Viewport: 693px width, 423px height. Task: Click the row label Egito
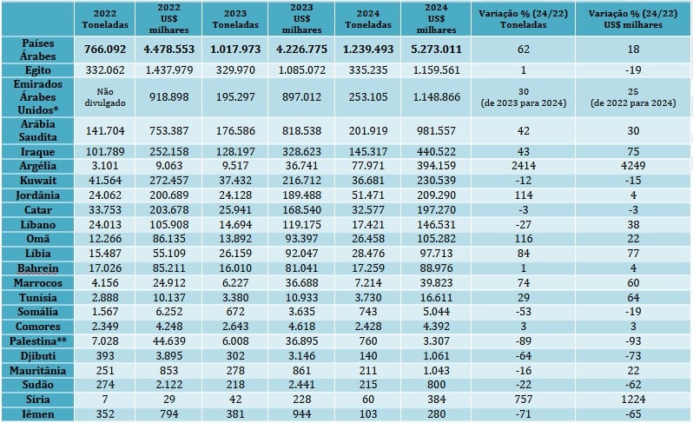click(x=34, y=67)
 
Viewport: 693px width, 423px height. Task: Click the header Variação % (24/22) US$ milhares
click(x=632, y=18)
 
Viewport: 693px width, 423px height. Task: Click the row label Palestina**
click(x=34, y=340)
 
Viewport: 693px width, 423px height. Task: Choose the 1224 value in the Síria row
click(x=632, y=399)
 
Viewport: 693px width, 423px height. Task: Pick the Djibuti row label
click(x=34, y=354)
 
